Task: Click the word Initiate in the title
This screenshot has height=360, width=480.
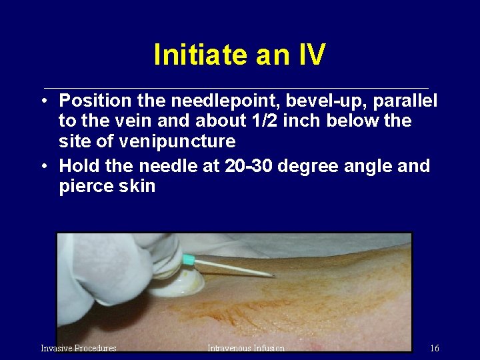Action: pos(194,55)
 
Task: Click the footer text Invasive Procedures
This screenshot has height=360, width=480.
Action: pos(79,348)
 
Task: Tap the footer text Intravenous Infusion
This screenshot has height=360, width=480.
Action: pos(245,348)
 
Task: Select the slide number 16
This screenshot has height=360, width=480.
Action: pos(435,348)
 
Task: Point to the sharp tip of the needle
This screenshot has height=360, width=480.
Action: pos(274,275)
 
